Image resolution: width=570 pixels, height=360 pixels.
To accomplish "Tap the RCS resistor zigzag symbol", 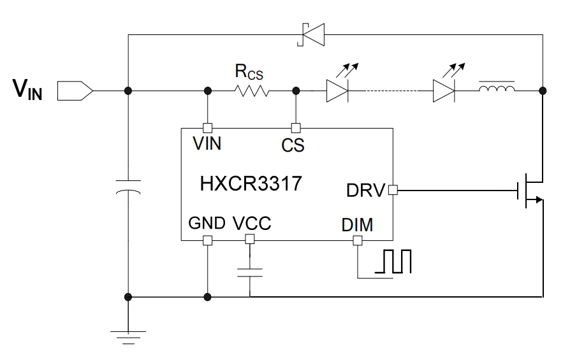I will click(252, 91).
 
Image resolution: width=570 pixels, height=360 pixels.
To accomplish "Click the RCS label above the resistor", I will click(249, 72).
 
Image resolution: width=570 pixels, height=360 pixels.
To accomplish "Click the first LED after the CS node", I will click(337, 91).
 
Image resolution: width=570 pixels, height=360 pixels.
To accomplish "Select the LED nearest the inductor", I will click(444, 91).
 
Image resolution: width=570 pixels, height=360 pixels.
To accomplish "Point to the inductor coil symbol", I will click(497, 90).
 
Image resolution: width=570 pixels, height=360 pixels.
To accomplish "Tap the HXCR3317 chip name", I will click(251, 185).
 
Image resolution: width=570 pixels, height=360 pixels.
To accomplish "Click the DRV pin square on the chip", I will click(393, 190).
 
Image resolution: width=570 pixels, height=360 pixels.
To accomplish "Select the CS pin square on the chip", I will click(295, 127).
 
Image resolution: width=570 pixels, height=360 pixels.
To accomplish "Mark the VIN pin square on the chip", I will click(207, 127).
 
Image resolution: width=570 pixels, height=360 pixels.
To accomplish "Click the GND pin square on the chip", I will click(207, 240).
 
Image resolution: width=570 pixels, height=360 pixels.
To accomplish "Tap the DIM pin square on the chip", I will click(358, 240).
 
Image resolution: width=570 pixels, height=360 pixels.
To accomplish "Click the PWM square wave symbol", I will click(394, 263).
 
